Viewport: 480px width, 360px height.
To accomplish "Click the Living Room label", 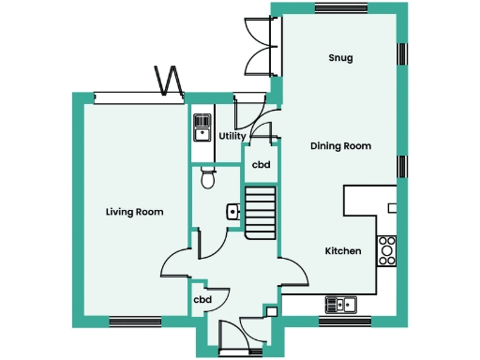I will [x=134, y=213].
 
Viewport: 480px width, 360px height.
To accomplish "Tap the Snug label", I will [x=340, y=58].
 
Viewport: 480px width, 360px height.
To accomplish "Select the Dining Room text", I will [x=341, y=146].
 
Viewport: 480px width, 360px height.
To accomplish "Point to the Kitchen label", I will [x=343, y=251].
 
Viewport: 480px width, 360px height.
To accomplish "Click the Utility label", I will [x=232, y=136].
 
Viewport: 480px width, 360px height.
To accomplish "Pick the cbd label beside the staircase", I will [x=261, y=165].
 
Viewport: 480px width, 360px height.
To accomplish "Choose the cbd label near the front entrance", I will [x=202, y=300].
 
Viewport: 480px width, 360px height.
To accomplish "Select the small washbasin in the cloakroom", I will [x=232, y=213].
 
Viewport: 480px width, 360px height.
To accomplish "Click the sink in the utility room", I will [x=202, y=127].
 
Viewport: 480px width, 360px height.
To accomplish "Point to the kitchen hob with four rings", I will [x=386, y=249].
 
